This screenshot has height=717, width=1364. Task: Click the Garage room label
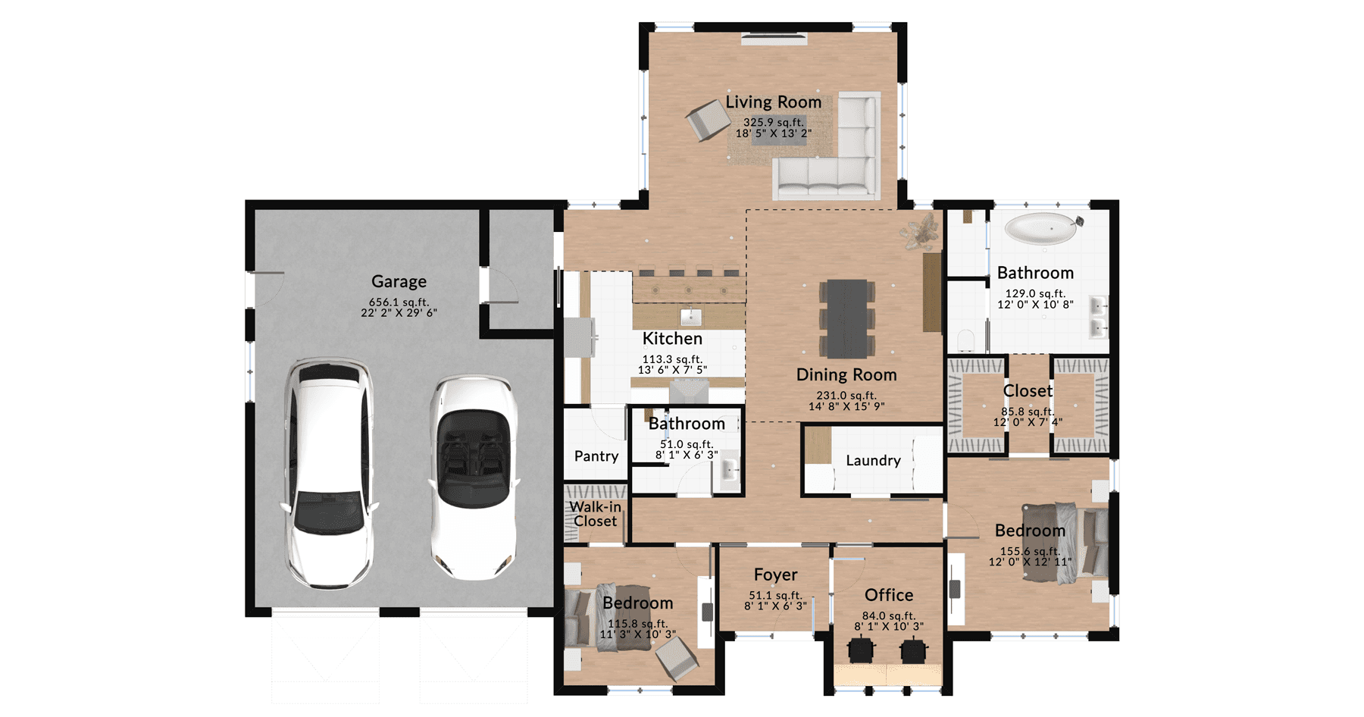pos(399,281)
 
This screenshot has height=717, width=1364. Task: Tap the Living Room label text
pos(773,102)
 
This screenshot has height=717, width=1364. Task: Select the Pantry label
pos(596,456)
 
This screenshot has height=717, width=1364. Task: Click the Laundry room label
pos(873,460)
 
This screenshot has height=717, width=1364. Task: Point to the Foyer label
pos(775,575)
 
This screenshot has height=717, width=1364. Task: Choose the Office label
pos(889,595)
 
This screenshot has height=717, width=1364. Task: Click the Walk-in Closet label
pos(595,514)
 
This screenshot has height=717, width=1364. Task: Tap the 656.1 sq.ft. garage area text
pos(399,302)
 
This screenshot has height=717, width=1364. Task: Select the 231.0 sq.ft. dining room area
pos(846,395)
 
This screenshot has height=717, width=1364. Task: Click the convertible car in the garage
pos(474,477)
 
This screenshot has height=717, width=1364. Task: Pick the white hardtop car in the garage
pos(329,473)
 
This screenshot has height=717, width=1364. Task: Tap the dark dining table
pos(846,318)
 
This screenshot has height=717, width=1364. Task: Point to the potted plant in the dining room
pos(921,231)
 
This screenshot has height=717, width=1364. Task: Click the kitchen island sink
pos(690,316)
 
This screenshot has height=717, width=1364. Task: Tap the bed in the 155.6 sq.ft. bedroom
pos(1065,542)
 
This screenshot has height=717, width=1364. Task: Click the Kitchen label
pos(672,339)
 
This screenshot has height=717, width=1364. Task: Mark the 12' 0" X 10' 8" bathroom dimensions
pos(1035,305)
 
